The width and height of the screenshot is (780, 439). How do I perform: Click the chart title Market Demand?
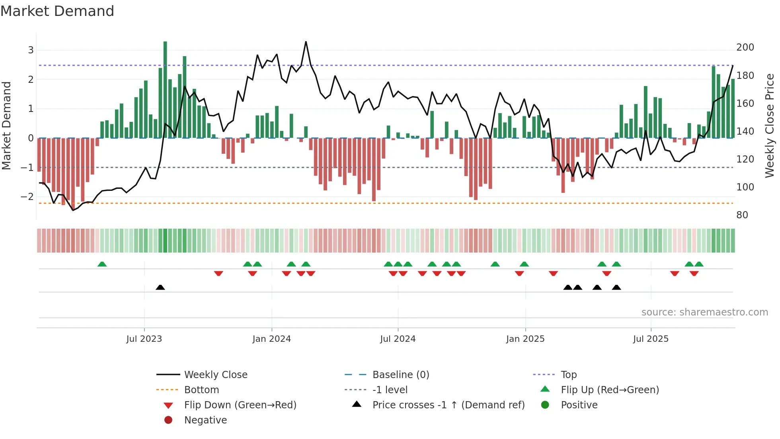(57, 11)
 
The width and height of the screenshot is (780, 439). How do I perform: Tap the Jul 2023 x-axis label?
(144, 339)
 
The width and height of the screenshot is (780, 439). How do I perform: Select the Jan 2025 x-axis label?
(525, 339)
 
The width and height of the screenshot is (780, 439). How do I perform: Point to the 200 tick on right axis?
(745, 47)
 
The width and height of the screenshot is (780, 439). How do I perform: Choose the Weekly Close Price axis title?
(770, 125)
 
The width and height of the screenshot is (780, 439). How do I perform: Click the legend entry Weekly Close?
(215, 375)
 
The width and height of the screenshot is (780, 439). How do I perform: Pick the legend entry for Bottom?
(201, 390)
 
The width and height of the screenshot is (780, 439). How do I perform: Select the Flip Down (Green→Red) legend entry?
(240, 405)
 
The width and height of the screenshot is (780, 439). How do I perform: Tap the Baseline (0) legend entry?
(400, 375)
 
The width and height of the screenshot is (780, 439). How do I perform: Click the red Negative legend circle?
(168, 420)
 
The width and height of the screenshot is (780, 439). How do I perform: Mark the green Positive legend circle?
(545, 405)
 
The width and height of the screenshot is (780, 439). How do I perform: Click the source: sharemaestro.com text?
(704, 312)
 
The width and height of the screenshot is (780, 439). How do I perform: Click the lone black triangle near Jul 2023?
(160, 288)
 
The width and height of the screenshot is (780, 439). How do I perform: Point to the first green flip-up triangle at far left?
(102, 264)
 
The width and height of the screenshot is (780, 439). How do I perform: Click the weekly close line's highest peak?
(306, 42)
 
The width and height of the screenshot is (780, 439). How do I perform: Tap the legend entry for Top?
(568, 375)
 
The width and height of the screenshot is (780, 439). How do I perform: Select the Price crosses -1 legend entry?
(448, 405)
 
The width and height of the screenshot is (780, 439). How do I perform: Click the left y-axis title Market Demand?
(6, 125)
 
